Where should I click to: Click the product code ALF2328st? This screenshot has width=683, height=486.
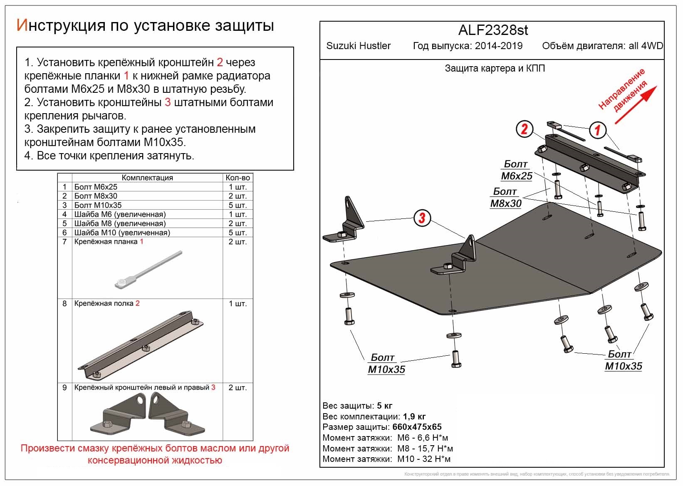(493, 30)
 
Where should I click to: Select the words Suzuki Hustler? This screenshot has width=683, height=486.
(358, 46)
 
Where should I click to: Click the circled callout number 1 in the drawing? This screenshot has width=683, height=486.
(597, 130)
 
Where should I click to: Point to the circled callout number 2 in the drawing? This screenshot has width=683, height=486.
(524, 129)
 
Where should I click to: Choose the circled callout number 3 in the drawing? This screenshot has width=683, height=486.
(422, 218)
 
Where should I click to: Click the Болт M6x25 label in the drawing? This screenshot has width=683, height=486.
(516, 171)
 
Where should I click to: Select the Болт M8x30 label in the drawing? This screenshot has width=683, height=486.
(505, 198)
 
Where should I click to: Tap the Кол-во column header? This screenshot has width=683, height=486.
(238, 178)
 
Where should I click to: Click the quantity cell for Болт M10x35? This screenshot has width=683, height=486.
(238, 205)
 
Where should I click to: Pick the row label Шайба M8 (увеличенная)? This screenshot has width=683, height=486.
(120, 223)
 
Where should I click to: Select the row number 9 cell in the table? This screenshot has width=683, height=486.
(64, 388)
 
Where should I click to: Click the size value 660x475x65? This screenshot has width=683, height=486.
(417, 427)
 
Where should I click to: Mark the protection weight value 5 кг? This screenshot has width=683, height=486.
(384, 406)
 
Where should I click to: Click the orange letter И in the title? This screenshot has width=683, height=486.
(22, 25)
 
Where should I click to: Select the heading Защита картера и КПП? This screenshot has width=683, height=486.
(495, 69)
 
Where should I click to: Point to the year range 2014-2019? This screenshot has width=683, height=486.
(499, 46)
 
